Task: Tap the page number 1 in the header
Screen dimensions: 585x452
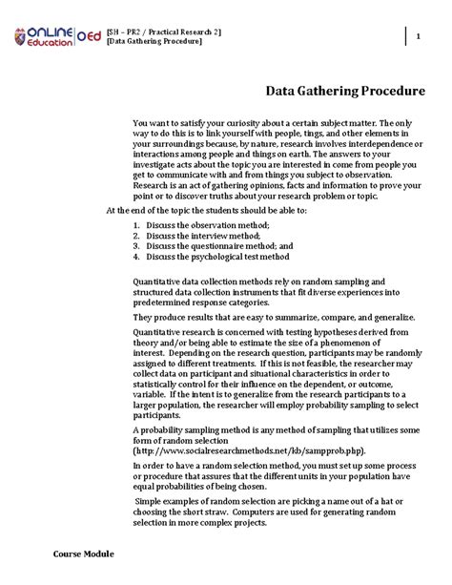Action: pyautogui.click(x=419, y=36)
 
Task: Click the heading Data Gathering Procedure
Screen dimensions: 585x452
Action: pyautogui.click(x=344, y=92)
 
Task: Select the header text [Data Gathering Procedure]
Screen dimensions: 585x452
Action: pyautogui.click(x=154, y=42)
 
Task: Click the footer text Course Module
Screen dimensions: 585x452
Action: pyautogui.click(x=83, y=554)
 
